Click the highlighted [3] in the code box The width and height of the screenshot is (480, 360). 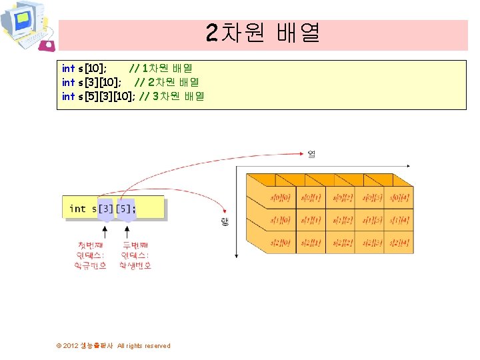coord(105,209)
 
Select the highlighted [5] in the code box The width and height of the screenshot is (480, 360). coord(125,209)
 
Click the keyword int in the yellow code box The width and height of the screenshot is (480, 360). coord(77,209)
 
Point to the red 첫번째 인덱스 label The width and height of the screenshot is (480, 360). coord(91,255)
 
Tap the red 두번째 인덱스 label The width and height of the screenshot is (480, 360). coord(135,255)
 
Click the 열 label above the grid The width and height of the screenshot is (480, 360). coord(311,154)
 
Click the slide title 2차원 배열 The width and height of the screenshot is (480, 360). coord(263,32)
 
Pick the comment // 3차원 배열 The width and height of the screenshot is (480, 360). coord(172,96)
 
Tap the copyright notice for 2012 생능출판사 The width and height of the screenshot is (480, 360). coord(113,345)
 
